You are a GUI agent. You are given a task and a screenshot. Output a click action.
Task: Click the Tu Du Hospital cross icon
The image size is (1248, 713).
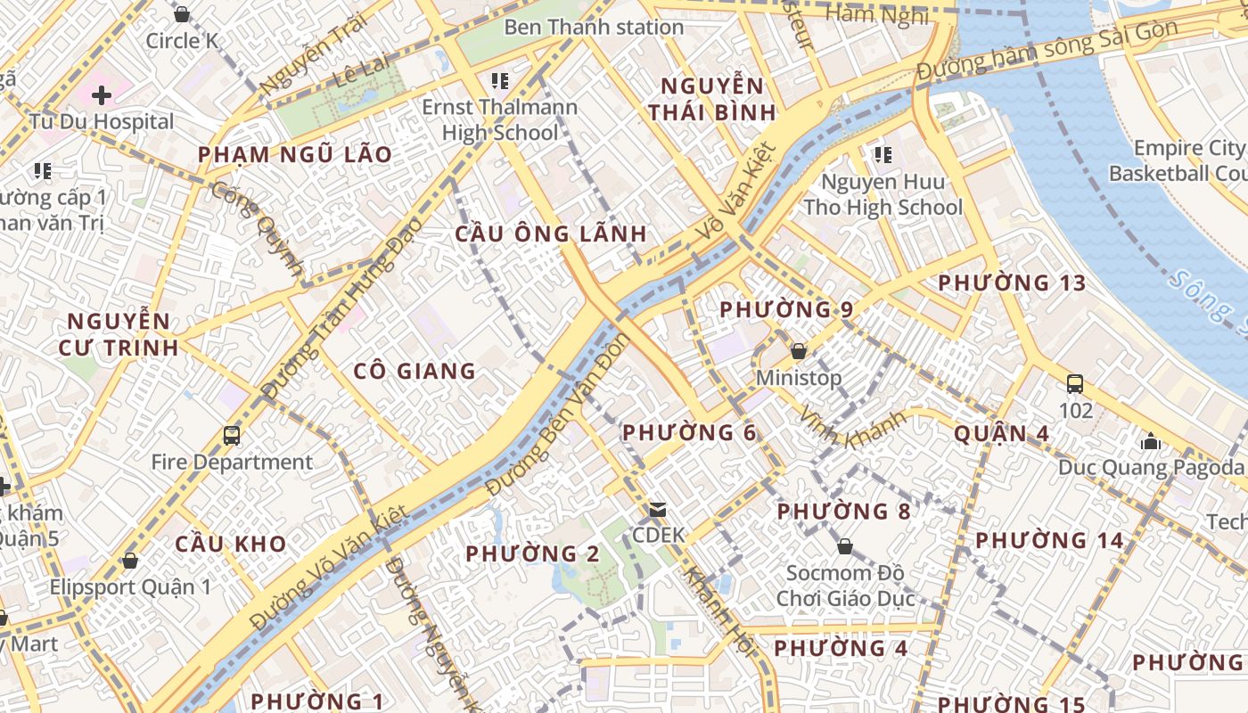click(102, 94)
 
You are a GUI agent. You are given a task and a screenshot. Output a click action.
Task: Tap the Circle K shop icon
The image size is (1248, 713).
click(182, 14)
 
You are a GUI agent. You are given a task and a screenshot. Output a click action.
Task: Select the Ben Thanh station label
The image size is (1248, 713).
click(594, 27)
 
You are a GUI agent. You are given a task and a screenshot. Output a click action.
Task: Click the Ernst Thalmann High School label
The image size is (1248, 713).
click(499, 119)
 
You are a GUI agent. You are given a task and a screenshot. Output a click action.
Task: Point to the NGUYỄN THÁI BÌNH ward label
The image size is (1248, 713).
click(711, 99)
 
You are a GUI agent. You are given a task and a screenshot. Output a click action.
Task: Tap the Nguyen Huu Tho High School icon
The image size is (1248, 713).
click(883, 155)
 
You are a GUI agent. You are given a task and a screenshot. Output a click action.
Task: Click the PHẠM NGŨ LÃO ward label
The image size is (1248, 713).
click(294, 154)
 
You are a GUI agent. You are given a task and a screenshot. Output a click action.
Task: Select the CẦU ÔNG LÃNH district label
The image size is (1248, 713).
click(551, 234)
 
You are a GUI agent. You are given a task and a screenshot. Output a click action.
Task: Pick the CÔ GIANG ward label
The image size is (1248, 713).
click(415, 371)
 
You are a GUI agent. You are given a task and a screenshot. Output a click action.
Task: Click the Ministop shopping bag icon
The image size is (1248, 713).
click(799, 351)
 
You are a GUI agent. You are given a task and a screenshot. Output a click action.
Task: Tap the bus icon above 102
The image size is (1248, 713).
click(1075, 384)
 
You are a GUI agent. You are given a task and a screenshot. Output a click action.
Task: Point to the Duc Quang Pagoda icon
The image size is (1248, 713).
click(1151, 441)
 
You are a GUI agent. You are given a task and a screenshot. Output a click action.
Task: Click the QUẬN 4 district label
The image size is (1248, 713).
click(1001, 434)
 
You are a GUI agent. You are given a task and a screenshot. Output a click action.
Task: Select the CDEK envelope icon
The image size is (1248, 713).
click(658, 510)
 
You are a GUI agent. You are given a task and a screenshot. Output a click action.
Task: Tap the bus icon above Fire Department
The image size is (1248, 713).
click(232, 436)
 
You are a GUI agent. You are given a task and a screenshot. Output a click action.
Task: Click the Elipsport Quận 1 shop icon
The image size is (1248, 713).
click(130, 561)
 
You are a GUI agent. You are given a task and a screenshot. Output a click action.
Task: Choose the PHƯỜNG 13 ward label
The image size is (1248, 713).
click(1012, 283)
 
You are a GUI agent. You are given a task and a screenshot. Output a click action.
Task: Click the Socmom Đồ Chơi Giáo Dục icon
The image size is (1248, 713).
click(845, 546)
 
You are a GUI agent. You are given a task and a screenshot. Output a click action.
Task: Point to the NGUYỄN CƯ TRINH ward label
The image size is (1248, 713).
click(119, 334)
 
